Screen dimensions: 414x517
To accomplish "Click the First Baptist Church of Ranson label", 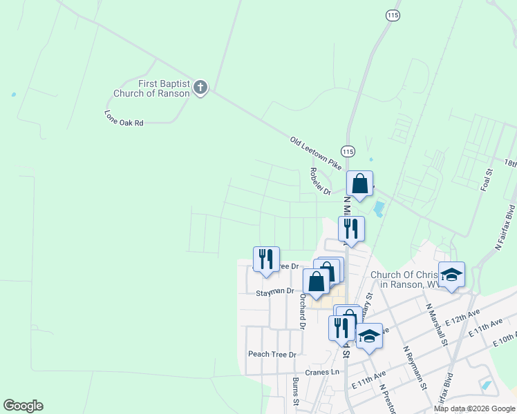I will (x=164, y=88).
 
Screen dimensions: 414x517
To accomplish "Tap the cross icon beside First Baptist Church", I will (x=200, y=87).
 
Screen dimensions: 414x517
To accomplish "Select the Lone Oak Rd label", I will (x=124, y=118).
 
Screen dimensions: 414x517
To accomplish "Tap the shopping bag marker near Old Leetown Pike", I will (x=359, y=184).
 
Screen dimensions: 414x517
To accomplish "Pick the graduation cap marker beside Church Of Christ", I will (x=451, y=275).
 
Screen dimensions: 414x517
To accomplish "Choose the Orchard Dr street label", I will (x=302, y=312).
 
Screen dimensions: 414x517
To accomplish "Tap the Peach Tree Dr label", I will (x=272, y=354).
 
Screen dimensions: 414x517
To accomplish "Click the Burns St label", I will (x=296, y=391).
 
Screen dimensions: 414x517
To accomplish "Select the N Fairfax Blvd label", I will (x=505, y=227).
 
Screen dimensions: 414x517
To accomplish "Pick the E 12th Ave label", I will (x=463, y=317).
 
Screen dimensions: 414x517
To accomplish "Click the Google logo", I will (x=23, y=406).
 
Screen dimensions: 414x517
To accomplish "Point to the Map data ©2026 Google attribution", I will (x=474, y=408).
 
